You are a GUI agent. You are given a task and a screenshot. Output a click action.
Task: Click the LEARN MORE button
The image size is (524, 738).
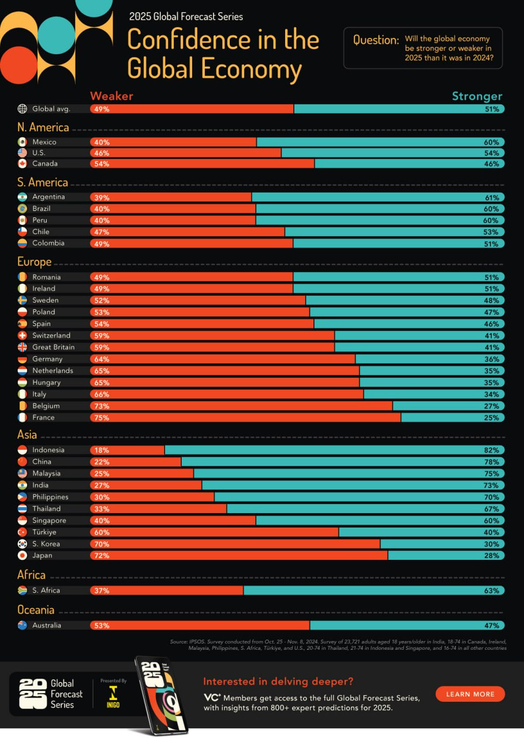470,694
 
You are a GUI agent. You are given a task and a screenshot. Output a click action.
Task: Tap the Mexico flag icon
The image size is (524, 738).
23,142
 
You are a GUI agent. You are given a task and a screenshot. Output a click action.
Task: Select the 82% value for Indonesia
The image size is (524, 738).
492,450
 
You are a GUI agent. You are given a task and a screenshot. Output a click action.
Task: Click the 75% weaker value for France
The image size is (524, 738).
102,417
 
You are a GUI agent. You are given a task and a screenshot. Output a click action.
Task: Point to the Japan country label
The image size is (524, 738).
42,556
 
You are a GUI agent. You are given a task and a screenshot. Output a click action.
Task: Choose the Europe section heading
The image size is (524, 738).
35,262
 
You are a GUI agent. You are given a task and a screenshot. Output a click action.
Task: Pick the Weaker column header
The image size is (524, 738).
111,96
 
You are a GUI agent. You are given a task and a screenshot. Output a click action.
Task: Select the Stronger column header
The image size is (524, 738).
477,96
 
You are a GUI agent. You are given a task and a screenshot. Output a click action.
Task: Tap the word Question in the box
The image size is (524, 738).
376,40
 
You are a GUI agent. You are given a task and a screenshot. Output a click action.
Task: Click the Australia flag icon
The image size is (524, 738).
23,626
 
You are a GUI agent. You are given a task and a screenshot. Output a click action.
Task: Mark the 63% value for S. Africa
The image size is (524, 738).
492,590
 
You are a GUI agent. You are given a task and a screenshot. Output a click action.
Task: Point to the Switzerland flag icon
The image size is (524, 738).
23,336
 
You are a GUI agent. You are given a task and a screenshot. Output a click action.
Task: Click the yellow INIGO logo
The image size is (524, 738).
113,696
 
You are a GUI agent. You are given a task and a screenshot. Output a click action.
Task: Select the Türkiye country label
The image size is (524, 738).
44,532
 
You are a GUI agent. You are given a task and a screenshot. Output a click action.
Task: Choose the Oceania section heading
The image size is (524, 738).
36,610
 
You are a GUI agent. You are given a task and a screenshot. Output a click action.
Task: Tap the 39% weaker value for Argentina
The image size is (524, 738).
102,197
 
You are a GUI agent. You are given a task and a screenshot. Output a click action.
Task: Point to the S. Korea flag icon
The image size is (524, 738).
23,544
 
